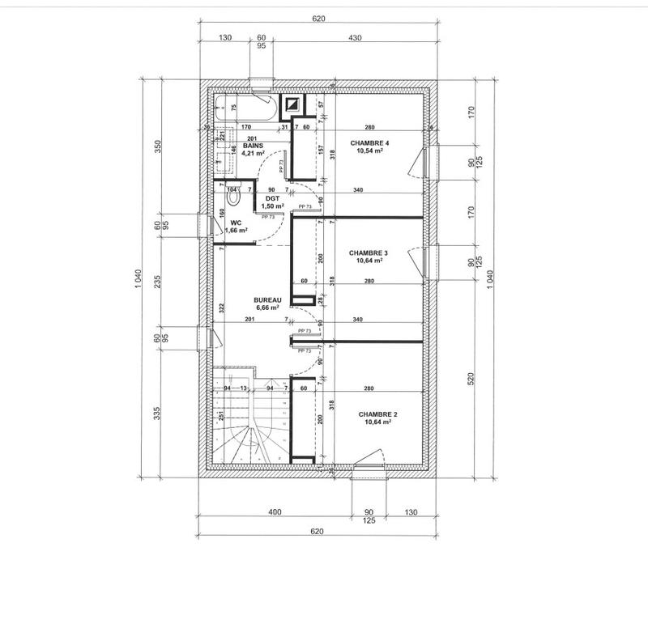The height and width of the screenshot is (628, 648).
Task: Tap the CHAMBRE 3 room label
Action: [369, 252]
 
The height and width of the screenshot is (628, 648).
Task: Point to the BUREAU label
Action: [266, 299]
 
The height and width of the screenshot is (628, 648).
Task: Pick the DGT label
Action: [272, 197]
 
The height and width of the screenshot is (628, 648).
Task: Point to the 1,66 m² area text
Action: [236, 231]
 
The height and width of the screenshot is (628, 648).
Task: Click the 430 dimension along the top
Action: [355, 38]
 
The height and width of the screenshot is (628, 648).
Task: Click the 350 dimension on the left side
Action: [159, 146]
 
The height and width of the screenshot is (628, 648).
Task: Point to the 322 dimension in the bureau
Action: [220, 308]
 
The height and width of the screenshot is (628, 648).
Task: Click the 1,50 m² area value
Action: [272, 206]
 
